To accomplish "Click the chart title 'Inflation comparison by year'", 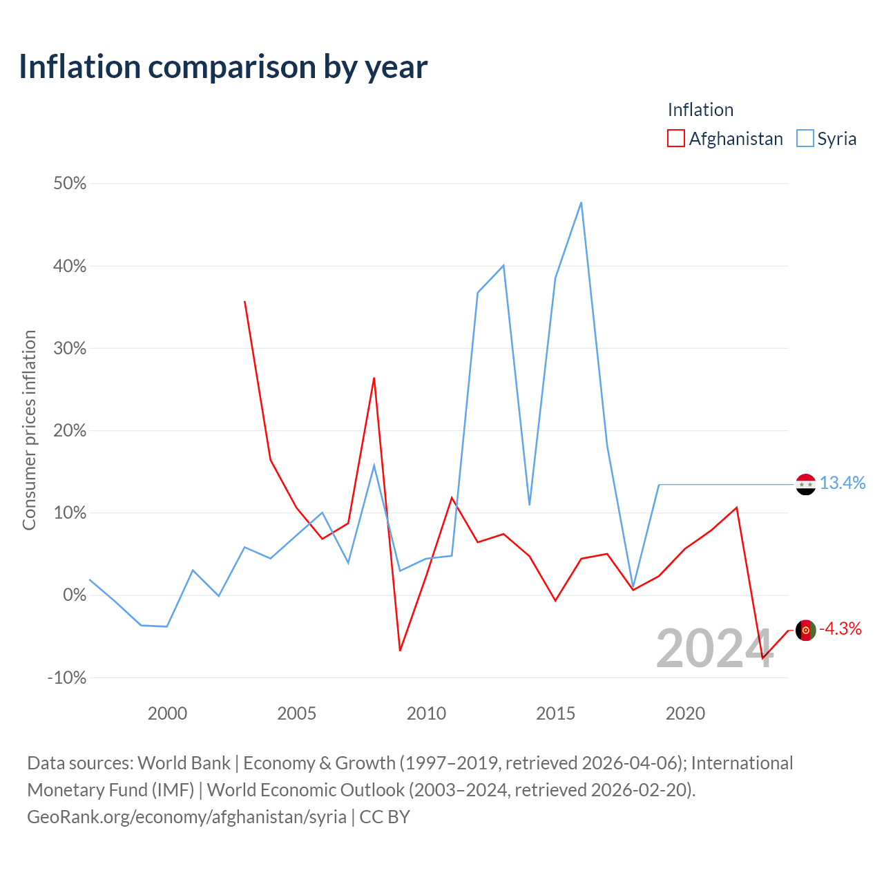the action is pos(223,67).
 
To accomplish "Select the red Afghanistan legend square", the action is pos(675,138).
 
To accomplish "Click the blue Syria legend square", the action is pos(805,138).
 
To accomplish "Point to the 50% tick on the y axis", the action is pos(70,184).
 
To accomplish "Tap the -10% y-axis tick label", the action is pos(67,678).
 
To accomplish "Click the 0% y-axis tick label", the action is pos(75,595).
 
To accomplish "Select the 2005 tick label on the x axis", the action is pos(296,713).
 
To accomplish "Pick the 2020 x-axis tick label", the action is pos(685,713).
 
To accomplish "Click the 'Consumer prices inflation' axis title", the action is pos(29,430).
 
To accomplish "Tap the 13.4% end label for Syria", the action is pos(843,483).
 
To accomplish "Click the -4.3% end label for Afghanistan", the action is pos(840,628).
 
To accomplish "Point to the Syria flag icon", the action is pos(805,484).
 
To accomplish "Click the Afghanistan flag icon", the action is pos(805,631).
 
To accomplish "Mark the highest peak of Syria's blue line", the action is pos(582,202).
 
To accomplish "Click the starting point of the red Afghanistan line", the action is pos(245,301).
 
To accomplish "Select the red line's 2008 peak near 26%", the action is pos(374,378).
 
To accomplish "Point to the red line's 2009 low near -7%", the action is pos(400,651).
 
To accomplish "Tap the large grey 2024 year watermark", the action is pos(715,648).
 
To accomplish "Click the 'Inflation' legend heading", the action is pos(700,110).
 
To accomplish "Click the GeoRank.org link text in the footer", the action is pos(186,817).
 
